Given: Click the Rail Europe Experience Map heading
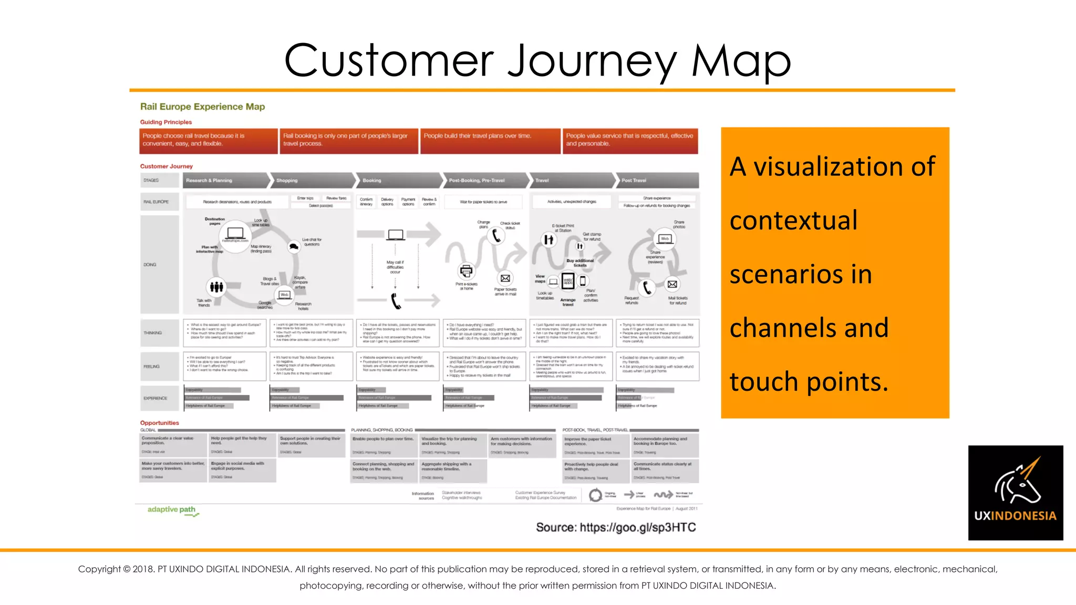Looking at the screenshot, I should pyautogui.click(x=202, y=107).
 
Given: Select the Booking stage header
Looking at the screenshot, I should pyautogui.click(x=372, y=180).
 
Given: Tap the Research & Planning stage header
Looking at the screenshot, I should pyautogui.click(x=209, y=180).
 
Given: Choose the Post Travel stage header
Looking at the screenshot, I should pyautogui.click(x=634, y=180).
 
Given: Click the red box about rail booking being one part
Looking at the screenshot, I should pyautogui.click(x=348, y=140).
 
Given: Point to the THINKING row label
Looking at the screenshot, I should pyautogui.click(x=153, y=333).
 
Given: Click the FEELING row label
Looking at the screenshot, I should pyautogui.click(x=151, y=367).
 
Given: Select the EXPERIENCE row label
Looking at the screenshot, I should pyautogui.click(x=156, y=398).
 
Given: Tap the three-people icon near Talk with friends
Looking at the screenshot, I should pyautogui.click(x=216, y=287).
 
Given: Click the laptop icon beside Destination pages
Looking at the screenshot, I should pyautogui.click(x=235, y=234).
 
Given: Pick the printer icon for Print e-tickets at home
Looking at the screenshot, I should pyautogui.click(x=466, y=271).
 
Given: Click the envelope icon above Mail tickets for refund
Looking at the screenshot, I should pyautogui.click(x=672, y=284).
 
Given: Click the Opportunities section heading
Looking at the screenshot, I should pyautogui.click(x=159, y=423).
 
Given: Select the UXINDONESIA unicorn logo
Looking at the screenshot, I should pyautogui.click(x=1015, y=492).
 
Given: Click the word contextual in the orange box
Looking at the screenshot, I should pyautogui.click(x=793, y=220).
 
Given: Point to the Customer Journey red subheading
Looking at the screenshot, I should pyautogui.click(x=166, y=166).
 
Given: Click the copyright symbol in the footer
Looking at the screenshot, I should pyautogui.click(x=126, y=569).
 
